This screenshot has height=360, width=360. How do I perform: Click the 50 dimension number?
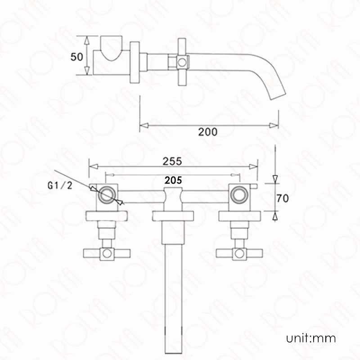coord(76,57)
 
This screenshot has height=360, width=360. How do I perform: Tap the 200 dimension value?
coord(208,132)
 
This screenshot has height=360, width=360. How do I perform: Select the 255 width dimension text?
coord(172,161)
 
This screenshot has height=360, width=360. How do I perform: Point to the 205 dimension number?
coord(173,180)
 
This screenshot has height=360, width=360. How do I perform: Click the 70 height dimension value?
coord(283,198)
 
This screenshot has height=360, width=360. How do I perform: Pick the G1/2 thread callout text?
coord(60,185)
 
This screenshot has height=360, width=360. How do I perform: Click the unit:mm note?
coord(311,338)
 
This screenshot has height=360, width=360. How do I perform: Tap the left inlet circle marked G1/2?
coord(107,195)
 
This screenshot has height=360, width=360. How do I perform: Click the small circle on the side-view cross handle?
coord(182,62)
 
